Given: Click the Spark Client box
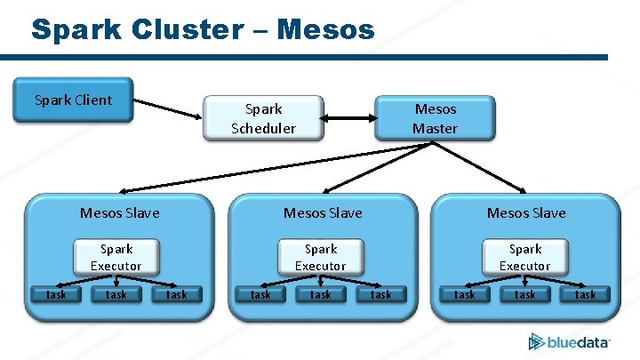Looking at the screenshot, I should [x=73, y=100].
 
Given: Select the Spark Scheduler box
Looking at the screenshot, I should [x=263, y=119].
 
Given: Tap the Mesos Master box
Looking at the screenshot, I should [x=435, y=118].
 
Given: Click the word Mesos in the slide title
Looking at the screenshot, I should [x=325, y=29].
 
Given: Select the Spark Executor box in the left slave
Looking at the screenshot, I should [x=116, y=257].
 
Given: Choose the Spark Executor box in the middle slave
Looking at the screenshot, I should [x=321, y=257].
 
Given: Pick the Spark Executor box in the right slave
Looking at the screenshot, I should [x=524, y=257].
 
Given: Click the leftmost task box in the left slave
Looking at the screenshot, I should [x=56, y=294].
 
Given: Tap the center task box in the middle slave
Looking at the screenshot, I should [x=321, y=294].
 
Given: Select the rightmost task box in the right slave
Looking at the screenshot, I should [x=585, y=294].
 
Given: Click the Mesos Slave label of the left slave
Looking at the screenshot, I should [x=120, y=212].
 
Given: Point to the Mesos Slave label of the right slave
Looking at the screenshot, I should [x=526, y=212].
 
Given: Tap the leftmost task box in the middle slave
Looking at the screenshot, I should [x=260, y=294].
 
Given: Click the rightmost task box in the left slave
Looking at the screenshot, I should [x=177, y=294].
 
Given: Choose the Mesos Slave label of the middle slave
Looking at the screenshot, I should [x=323, y=212].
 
